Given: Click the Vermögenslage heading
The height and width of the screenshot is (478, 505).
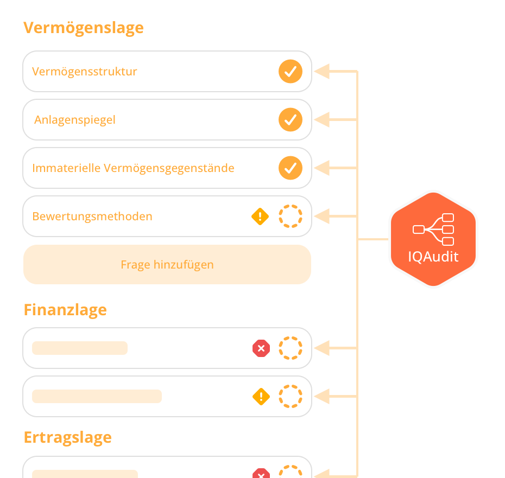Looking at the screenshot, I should tap(84, 28).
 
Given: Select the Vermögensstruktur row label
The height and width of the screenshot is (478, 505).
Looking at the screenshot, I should tap(85, 72).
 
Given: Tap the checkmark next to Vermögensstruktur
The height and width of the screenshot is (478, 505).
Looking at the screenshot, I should tap(291, 72).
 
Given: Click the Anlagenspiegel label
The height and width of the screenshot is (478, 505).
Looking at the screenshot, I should tap(75, 120).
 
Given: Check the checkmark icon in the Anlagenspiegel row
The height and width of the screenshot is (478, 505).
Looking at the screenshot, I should tap(291, 120).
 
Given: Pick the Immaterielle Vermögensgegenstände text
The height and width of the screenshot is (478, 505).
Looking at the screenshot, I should tap(133, 168).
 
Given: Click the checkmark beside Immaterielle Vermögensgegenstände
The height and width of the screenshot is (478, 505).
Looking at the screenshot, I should tap(291, 168).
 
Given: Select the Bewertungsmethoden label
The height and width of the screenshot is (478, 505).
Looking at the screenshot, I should tap(92, 216).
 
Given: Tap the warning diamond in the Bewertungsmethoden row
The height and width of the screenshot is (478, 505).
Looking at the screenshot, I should tap(261, 216).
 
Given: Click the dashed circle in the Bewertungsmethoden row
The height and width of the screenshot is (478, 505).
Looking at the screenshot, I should tap(291, 216).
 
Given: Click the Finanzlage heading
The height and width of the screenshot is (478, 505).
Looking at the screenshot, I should tap(65, 310).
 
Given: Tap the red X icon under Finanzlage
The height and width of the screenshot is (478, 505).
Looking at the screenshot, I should tap(261, 348).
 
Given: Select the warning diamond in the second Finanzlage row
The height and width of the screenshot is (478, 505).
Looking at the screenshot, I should tap(261, 397).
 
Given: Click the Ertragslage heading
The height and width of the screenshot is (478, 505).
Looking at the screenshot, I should tap(68, 437).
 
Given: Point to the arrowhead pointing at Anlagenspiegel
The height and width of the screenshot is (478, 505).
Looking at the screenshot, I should tap(322, 120).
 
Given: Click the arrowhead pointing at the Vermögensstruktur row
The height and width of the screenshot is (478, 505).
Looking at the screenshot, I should tap(322, 72).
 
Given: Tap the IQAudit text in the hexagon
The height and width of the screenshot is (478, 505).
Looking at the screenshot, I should tap(433, 257).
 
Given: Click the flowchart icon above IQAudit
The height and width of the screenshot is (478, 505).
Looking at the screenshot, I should tap(433, 230).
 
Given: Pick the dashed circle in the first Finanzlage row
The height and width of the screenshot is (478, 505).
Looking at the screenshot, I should tap(291, 348).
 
